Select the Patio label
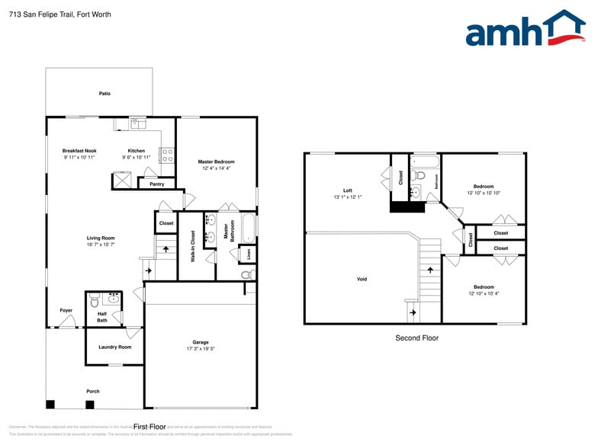click(104, 94)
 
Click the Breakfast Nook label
click(79, 151)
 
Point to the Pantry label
click(157, 184)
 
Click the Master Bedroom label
click(216, 162)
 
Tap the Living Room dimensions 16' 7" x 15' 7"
click(100, 245)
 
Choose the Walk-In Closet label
click(193, 246)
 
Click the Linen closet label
click(247, 254)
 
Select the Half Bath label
click(102, 317)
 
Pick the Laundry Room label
click(114, 347)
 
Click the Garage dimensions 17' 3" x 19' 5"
click(201, 349)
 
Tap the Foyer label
click(66, 310)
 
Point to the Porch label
click(93, 392)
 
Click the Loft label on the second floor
click(347, 190)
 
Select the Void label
click(362, 279)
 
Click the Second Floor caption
click(416, 338)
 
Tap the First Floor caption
click(150, 427)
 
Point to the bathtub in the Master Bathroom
click(248, 227)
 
